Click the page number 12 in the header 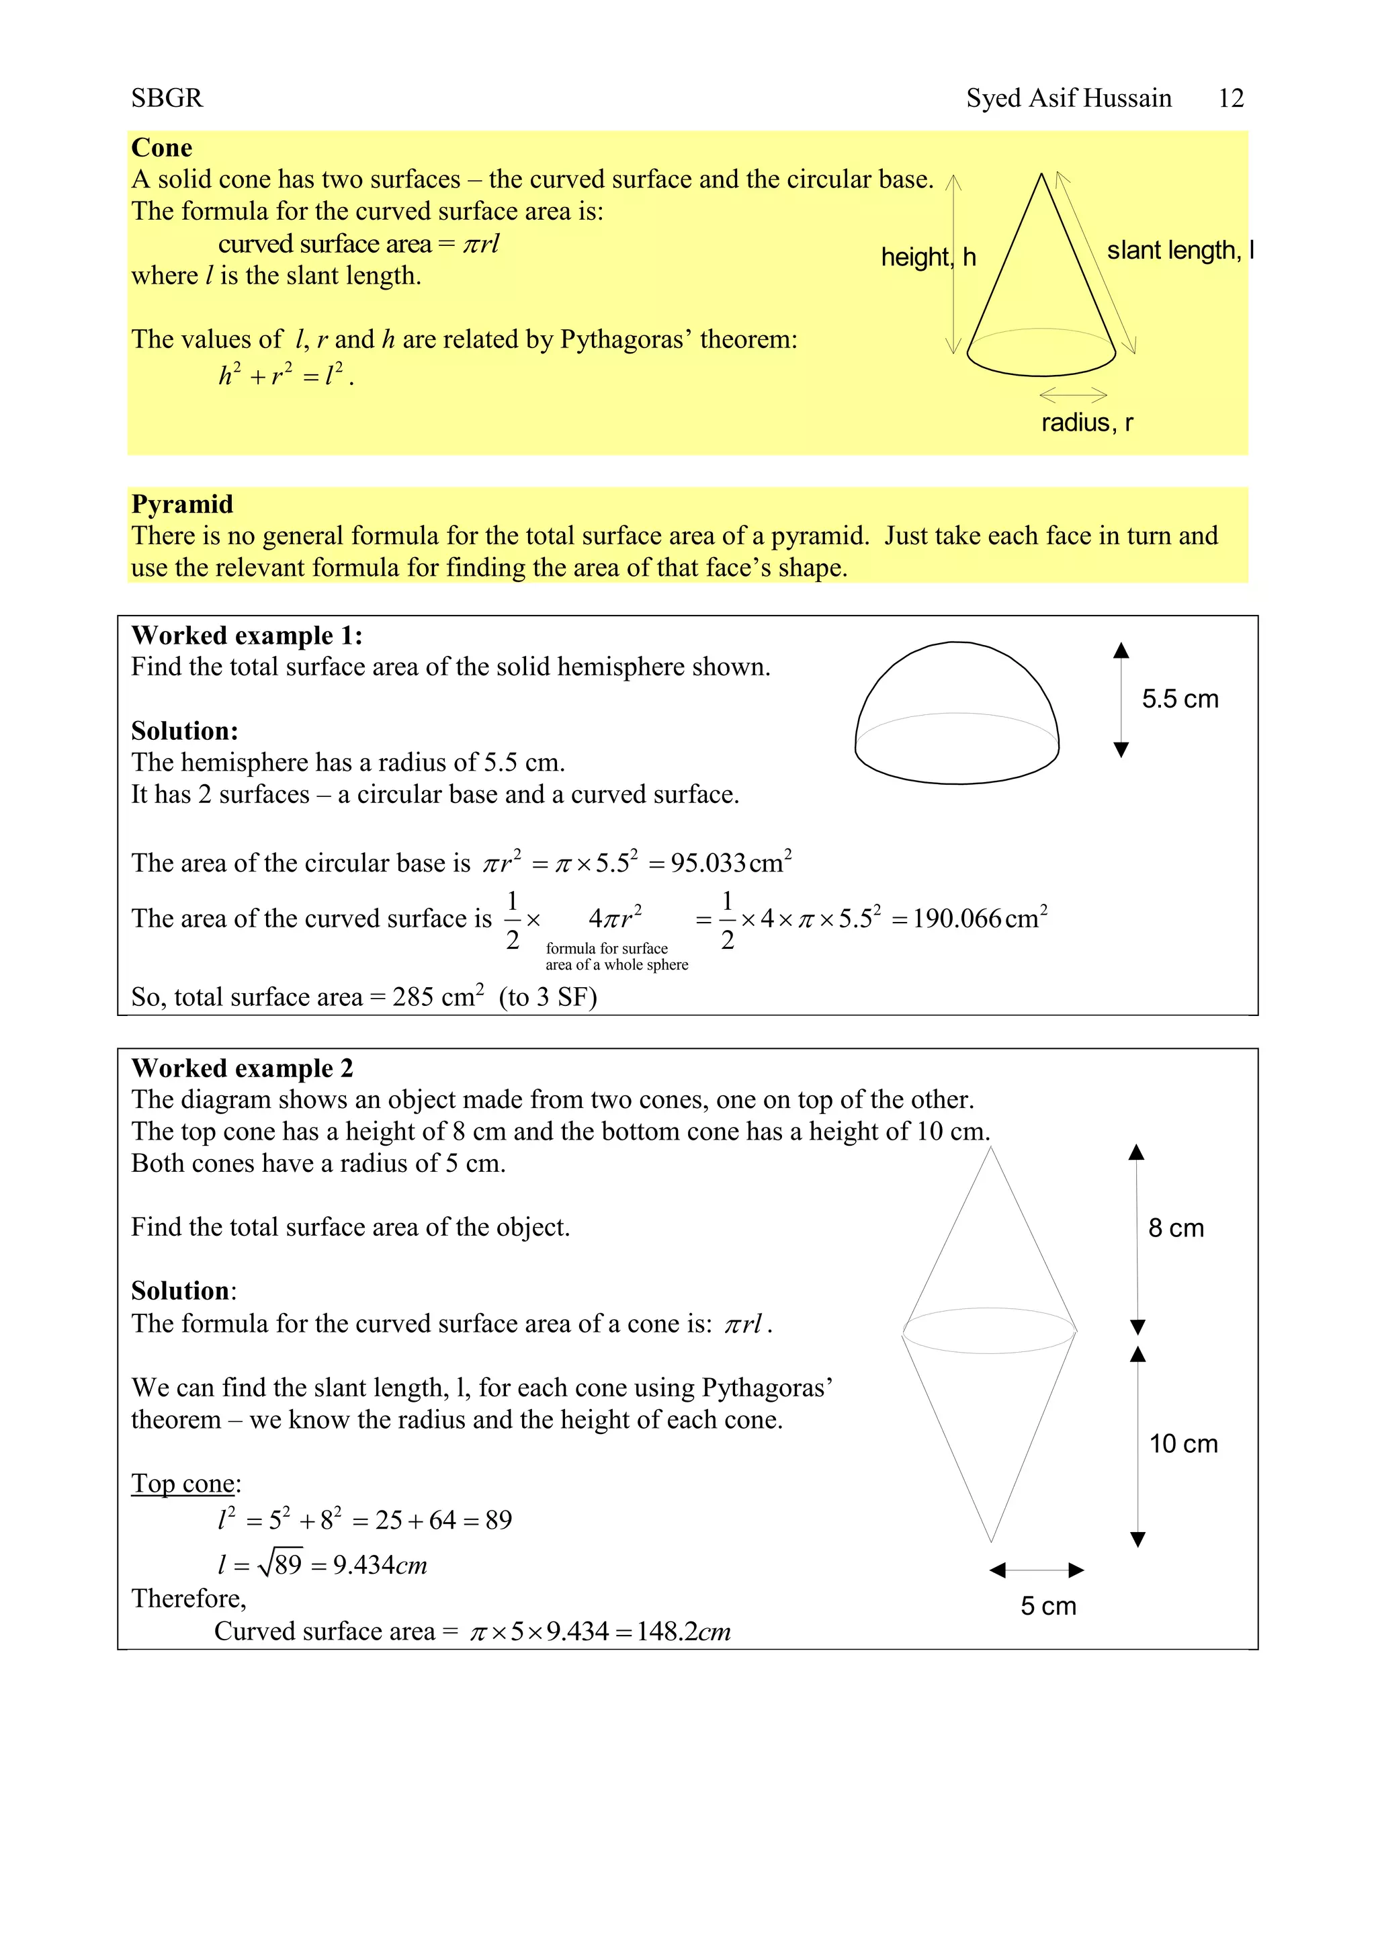click(x=1230, y=98)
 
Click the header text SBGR click(x=167, y=98)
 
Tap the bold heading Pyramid click(x=181, y=504)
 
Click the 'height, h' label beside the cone click(x=928, y=257)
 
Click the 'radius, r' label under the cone click(x=1086, y=422)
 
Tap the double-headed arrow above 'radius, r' click(x=1073, y=395)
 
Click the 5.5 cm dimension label click(x=1179, y=700)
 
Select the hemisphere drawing click(x=957, y=714)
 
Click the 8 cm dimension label click(x=1175, y=1228)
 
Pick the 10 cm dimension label click(x=1182, y=1444)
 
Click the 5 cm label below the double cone click(x=1048, y=1606)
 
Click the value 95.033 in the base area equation click(x=708, y=863)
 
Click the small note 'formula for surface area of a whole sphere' click(x=616, y=957)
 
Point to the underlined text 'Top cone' click(x=182, y=1483)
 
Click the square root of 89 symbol click(x=280, y=1564)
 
